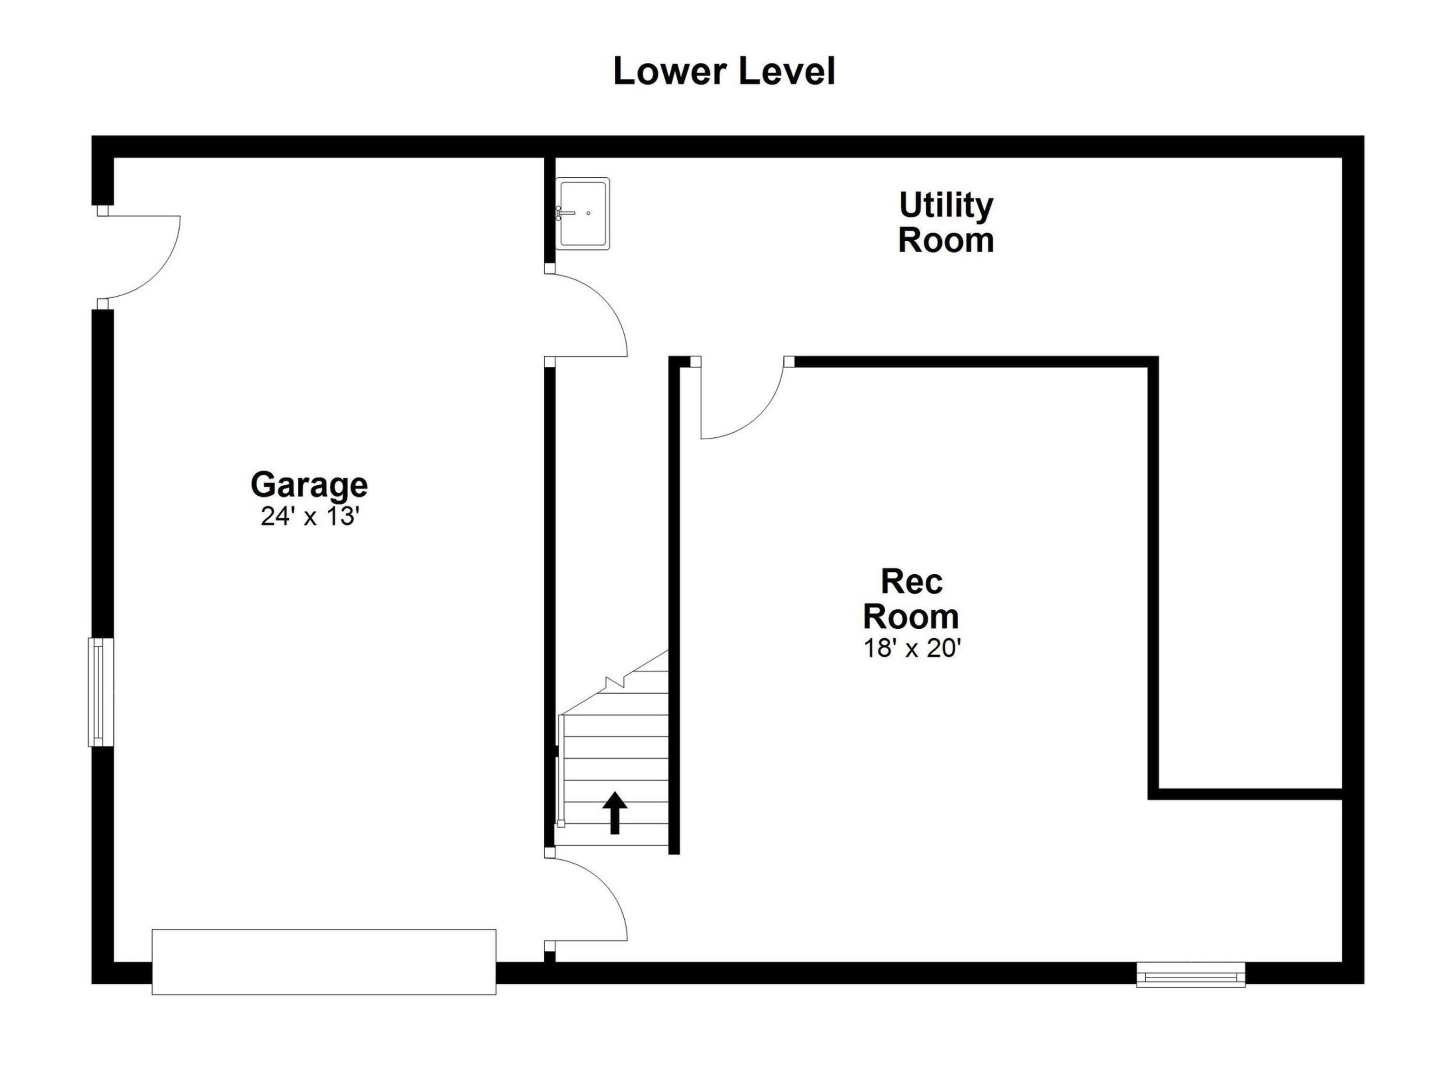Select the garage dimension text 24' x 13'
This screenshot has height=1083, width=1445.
coord(310,517)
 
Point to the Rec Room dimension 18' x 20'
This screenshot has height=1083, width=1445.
coord(912,648)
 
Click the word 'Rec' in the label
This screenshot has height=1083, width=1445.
coord(912,581)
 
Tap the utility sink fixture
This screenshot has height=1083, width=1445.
coord(583,213)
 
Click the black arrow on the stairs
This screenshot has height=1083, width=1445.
coord(614,813)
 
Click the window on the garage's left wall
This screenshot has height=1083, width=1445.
coord(101,692)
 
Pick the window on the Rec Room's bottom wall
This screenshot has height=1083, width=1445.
coord(1191,974)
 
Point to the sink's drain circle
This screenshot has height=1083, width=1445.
coord(588,213)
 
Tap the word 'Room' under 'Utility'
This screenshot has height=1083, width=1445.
coord(946,240)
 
